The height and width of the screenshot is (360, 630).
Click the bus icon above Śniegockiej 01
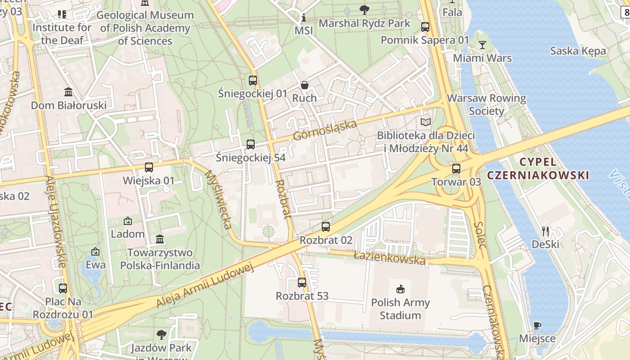pos(253,81)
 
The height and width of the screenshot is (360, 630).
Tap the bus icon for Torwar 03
pos(456,169)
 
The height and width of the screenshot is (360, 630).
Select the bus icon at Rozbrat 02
pos(326,227)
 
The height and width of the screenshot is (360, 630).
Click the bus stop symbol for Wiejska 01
pos(149,167)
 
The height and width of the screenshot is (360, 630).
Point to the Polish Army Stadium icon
pos(400,289)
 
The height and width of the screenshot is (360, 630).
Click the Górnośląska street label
pos(324,130)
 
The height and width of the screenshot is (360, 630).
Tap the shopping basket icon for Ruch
pos(305,85)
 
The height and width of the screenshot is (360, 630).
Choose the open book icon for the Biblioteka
pos(426,122)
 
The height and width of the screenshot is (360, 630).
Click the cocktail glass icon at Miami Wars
pos(482,45)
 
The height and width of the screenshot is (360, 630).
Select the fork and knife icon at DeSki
pos(545,231)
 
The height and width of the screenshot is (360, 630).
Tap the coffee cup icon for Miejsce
pos(537,325)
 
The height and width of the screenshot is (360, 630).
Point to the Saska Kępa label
pos(578,51)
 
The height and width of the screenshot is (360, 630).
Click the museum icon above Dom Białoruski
pos(68,92)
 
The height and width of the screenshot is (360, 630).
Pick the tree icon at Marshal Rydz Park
pos(364,9)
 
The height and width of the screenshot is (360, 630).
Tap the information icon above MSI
pos(304,18)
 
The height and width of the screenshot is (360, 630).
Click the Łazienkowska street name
pos(389,258)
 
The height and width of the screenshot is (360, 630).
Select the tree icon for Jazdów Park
pos(161,335)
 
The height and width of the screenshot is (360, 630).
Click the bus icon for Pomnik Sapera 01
pos(425,27)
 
